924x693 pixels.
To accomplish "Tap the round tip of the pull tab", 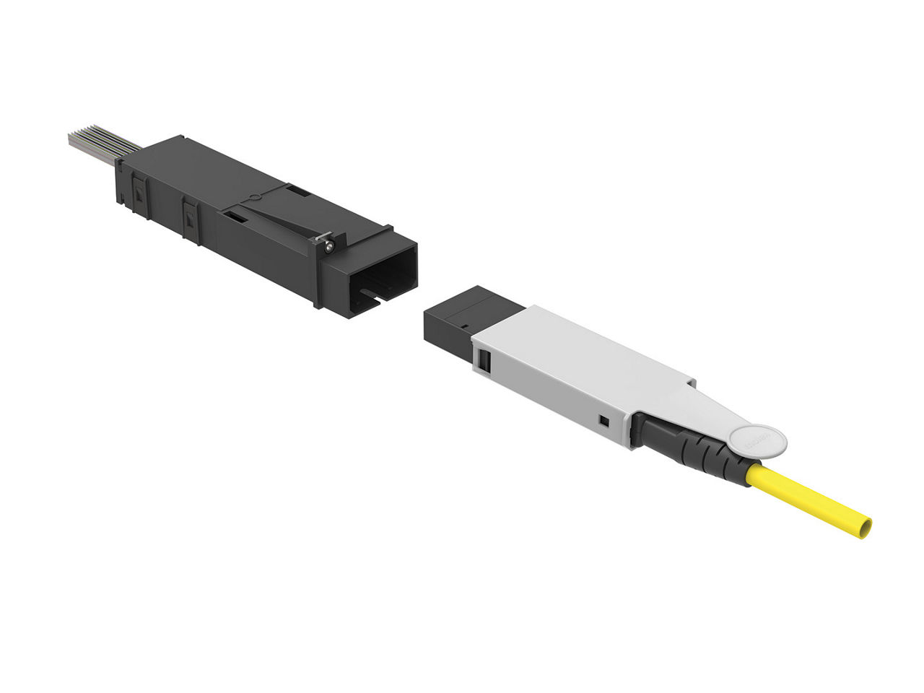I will click(x=757, y=441).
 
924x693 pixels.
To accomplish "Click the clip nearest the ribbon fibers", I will click(x=138, y=194).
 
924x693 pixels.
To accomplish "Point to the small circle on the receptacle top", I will click(x=253, y=196).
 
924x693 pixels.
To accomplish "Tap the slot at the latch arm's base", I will click(x=234, y=214).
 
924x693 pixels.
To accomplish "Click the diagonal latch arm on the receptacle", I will click(x=278, y=221).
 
